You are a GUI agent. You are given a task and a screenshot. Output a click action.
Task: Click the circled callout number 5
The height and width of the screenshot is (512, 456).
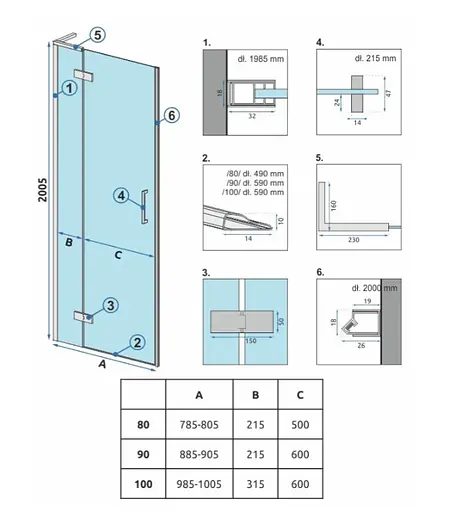(x=97, y=35)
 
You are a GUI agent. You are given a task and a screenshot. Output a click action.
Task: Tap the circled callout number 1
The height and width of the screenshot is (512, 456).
(x=69, y=88)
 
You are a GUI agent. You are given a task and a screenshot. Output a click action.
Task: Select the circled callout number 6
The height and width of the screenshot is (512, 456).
(x=171, y=115)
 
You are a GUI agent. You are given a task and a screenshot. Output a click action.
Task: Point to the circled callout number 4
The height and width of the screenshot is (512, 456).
(x=121, y=195)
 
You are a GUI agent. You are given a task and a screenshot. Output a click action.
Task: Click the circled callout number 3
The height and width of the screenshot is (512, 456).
(x=110, y=305)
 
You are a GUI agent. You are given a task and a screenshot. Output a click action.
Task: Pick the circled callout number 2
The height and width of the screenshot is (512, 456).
(x=137, y=342)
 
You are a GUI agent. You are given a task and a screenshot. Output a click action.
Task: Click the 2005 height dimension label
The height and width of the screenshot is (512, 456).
(x=43, y=190)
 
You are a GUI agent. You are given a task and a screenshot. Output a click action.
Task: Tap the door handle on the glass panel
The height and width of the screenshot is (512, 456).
(x=144, y=207)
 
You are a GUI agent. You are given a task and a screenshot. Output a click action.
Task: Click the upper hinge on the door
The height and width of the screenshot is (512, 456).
(x=83, y=76)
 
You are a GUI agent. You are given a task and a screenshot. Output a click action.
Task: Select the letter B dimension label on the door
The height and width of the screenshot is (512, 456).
(x=69, y=242)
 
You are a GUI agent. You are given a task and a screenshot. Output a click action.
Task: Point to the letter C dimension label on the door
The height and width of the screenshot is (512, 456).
(x=118, y=255)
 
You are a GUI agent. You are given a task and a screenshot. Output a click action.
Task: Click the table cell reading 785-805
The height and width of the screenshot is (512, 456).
(x=199, y=425)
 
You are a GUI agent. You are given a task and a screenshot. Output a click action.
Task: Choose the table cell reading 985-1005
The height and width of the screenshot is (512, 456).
(x=199, y=484)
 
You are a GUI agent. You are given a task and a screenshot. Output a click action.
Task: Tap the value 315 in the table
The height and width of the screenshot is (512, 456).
(x=255, y=484)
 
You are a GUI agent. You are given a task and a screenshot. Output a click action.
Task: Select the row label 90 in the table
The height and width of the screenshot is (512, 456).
(x=143, y=454)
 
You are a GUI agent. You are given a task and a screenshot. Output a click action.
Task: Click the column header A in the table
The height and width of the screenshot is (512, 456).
(x=199, y=395)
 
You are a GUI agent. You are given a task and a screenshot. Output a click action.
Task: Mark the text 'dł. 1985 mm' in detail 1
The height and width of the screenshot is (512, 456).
(x=261, y=59)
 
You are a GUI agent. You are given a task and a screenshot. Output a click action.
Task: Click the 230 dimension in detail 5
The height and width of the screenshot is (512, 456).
(x=354, y=240)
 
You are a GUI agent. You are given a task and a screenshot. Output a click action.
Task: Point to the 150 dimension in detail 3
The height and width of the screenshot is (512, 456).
(x=251, y=341)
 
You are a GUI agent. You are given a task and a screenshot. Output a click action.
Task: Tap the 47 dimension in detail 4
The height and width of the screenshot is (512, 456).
(x=389, y=92)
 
